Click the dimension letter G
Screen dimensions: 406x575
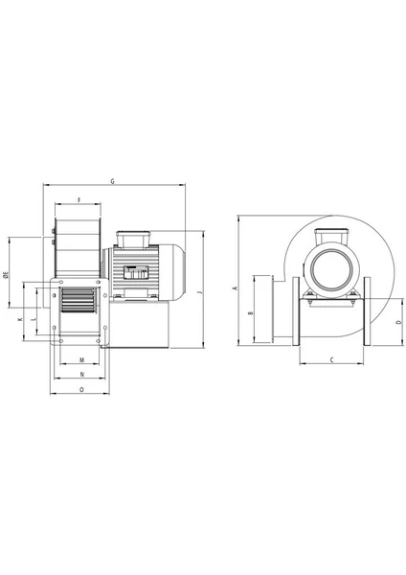tap(113, 181)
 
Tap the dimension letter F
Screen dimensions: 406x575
tap(79, 200)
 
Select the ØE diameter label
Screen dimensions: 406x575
tap(6, 275)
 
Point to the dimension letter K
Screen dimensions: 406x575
tap(20, 319)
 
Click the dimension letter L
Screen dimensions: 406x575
tap(34, 319)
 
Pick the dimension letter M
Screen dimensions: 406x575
tap(81, 360)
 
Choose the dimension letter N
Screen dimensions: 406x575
tap(82, 375)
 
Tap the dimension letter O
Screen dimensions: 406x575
tap(81, 389)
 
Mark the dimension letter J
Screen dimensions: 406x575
tap(200, 292)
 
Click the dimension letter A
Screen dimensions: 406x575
tap(236, 287)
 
